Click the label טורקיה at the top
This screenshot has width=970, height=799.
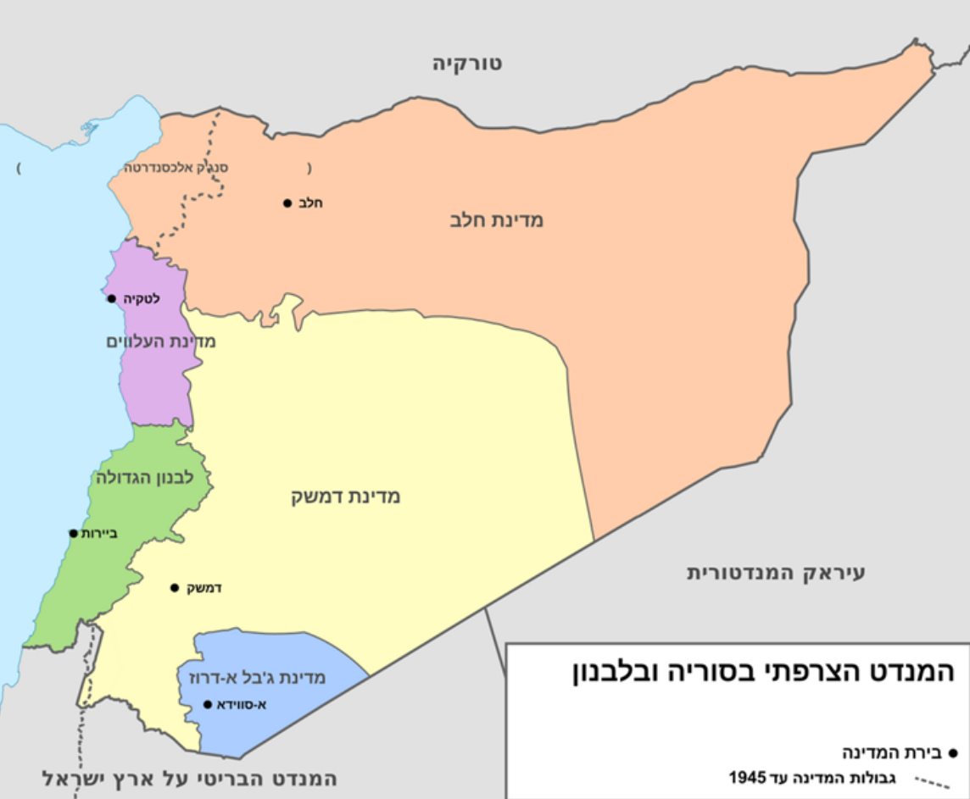pyautogui.click(x=467, y=63)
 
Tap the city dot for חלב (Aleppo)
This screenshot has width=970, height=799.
pyautogui.click(x=287, y=203)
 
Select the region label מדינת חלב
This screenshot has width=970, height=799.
pyautogui.click(x=497, y=220)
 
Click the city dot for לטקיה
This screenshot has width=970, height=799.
pyautogui.click(x=111, y=298)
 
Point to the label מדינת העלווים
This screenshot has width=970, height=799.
pyautogui.click(x=161, y=341)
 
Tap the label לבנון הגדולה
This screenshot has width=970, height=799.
pyautogui.click(x=146, y=477)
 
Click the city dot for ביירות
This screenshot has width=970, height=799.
pyautogui.click(x=74, y=533)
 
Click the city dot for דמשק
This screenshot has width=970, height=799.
pyautogui.click(x=174, y=587)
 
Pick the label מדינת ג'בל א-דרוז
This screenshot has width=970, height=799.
pyautogui.click(x=252, y=678)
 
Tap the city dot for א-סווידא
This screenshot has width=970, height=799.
pyautogui.click(x=208, y=704)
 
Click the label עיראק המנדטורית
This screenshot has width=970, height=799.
pyautogui.click(x=776, y=573)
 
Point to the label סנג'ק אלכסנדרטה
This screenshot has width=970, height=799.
pyautogui.click(x=177, y=167)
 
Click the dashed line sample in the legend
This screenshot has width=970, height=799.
pyautogui.click(x=932, y=780)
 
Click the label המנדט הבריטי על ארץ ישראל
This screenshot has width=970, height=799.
pyautogui.click(x=190, y=778)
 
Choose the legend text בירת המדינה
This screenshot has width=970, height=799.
pyautogui.click(x=889, y=752)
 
